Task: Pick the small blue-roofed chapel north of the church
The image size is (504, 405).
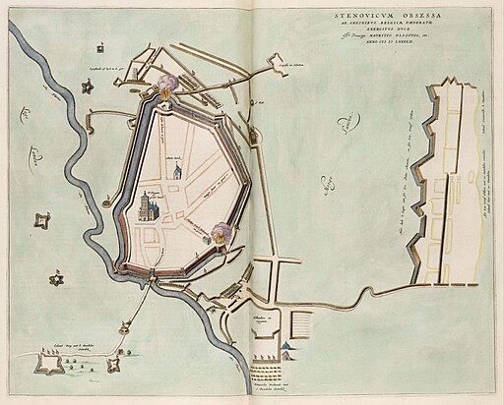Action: click(x=176, y=172)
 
